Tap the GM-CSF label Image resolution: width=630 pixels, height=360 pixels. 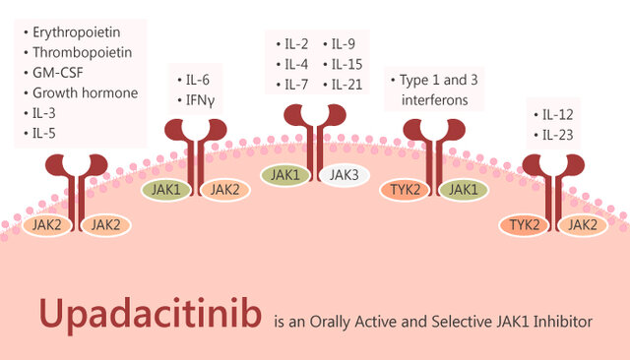click(x=63, y=73)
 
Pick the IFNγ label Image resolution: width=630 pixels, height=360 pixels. click(x=202, y=99)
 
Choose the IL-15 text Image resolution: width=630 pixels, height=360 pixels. click(x=346, y=64)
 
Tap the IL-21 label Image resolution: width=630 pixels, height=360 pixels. click(x=346, y=85)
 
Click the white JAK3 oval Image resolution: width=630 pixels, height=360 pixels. click(x=345, y=175)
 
